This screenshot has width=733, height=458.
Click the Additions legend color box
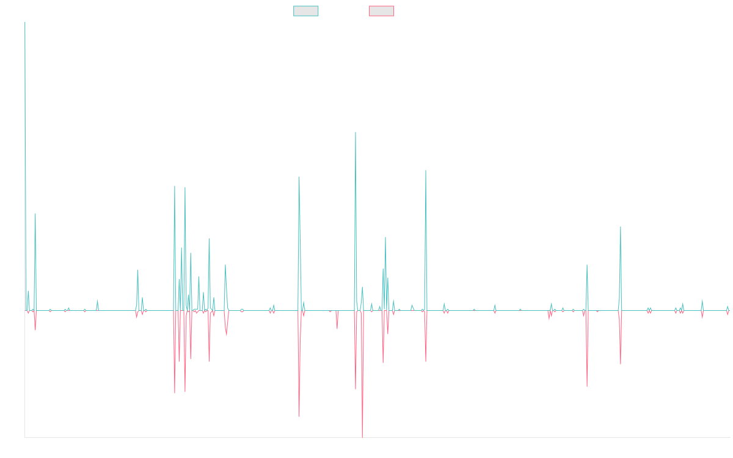pos(306,11)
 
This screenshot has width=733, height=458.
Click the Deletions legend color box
pos(382,11)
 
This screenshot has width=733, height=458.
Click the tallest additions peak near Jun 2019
pos(356,133)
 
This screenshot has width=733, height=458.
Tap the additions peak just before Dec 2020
pos(426,170)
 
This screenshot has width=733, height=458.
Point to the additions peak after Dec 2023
pos(621,227)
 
